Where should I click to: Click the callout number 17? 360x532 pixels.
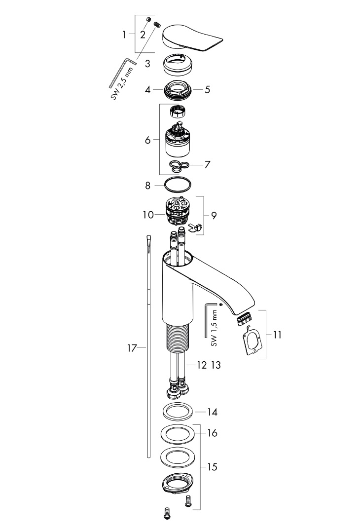coord(131,348)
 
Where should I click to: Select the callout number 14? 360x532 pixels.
coord(213,412)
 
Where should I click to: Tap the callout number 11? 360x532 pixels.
coord(277,334)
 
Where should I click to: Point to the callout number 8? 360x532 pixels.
coord(147,186)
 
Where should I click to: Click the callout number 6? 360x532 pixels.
coord(147,140)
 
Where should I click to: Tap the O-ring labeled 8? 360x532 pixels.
coord(177,186)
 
